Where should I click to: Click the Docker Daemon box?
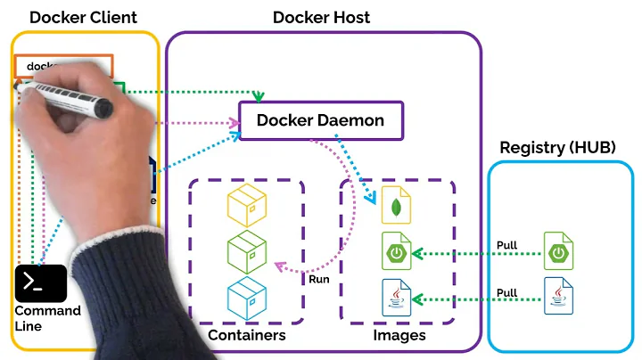321,120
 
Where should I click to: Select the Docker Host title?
321,18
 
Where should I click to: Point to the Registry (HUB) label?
557,147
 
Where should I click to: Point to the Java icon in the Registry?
559,295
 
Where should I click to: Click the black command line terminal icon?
41,283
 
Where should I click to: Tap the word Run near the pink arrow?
319,279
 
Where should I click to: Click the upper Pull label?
506,245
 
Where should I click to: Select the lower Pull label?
506,292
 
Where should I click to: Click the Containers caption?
246,336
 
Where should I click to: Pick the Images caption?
399,336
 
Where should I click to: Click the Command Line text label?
47,318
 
